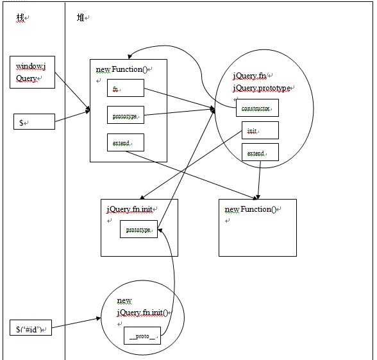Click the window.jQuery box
32,72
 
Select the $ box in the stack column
34,121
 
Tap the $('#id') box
31,327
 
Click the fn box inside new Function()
126,88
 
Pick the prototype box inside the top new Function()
126,115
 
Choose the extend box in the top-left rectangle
126,142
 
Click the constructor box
257,108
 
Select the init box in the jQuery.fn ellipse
260,130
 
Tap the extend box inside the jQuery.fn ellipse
260,152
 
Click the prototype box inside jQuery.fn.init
138,229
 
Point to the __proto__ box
142,336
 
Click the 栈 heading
21,17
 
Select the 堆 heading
81,17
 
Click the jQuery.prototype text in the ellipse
261,88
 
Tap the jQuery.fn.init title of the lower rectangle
130,209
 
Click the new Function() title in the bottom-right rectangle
250,209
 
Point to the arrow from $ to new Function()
72,116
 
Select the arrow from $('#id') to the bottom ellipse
76,323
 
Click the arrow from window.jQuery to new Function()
72,91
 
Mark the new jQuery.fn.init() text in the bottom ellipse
142,307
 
